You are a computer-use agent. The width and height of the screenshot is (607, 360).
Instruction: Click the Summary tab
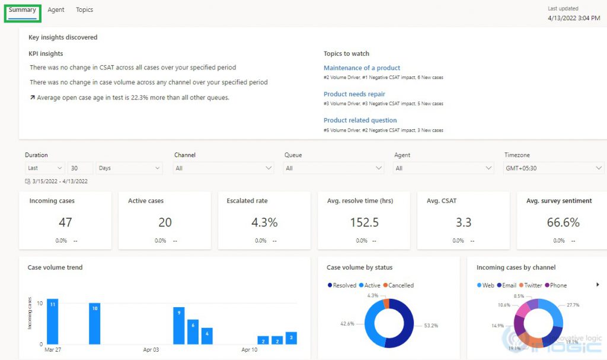(23, 10)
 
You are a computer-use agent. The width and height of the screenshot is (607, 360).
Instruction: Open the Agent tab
(56, 10)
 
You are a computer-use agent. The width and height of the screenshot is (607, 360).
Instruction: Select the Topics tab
(84, 10)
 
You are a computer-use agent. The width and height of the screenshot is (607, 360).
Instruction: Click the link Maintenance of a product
(362, 68)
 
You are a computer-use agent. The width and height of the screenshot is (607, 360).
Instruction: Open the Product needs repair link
(354, 94)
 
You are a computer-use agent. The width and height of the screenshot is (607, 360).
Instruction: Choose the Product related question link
(360, 120)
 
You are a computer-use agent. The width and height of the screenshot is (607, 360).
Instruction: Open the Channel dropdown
(223, 168)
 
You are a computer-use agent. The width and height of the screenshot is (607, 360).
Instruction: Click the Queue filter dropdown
(334, 168)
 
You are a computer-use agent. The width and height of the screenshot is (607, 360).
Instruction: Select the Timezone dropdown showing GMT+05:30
(554, 168)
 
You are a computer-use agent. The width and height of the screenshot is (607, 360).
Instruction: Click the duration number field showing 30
(80, 168)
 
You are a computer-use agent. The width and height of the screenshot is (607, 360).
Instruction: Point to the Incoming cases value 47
(65, 222)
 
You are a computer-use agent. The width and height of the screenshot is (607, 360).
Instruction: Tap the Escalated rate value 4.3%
(264, 222)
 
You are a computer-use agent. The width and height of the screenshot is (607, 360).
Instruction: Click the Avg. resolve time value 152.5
(364, 222)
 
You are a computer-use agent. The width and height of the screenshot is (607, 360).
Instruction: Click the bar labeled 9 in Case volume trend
(178, 326)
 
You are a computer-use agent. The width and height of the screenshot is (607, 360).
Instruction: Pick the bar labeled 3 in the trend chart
(291, 338)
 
